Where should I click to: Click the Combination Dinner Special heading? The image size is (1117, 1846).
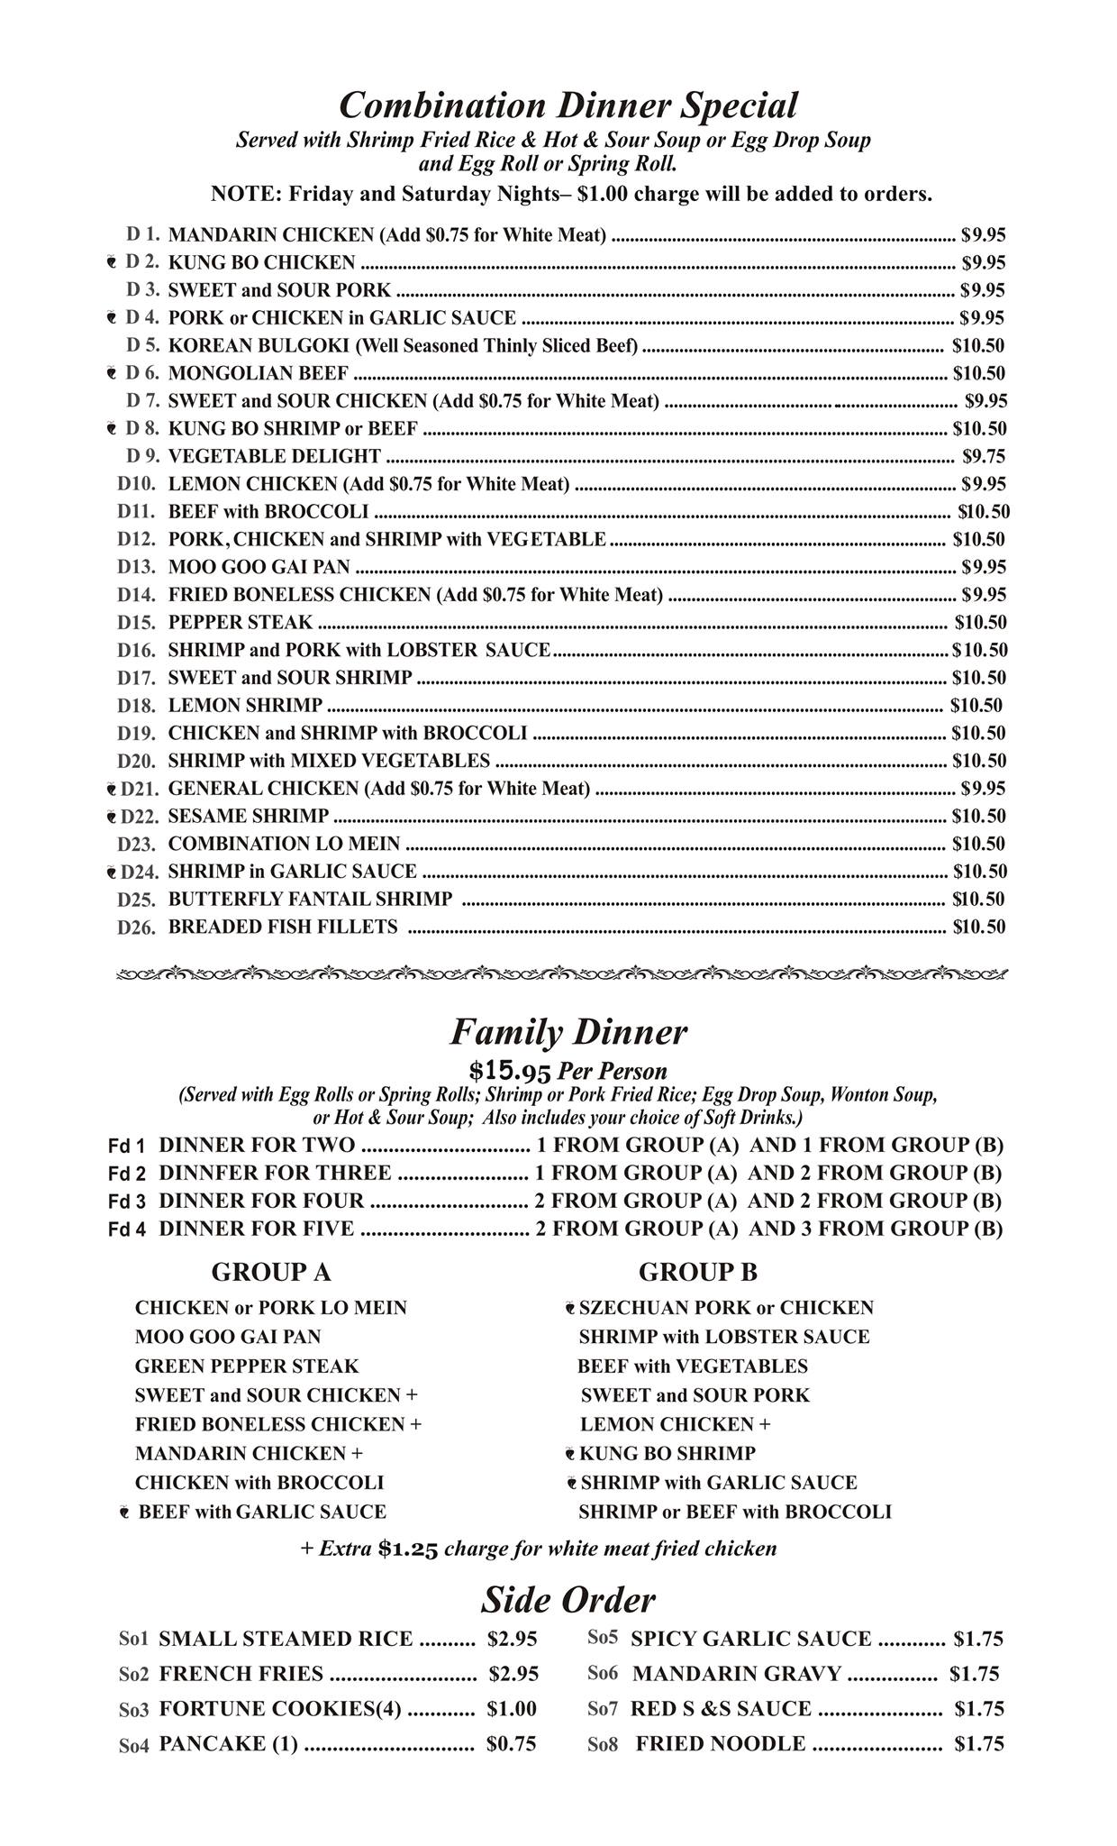click(568, 105)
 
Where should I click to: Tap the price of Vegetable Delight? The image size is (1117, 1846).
click(984, 456)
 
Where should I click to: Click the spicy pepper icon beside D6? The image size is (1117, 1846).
click(111, 373)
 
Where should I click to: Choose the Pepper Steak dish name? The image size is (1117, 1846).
click(241, 622)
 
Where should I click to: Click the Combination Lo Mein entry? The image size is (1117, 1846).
click(284, 844)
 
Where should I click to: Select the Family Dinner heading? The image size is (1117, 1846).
click(568, 1032)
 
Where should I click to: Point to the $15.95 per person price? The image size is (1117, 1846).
click(510, 1071)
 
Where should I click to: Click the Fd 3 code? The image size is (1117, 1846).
click(126, 1202)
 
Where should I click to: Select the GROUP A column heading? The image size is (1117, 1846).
click(270, 1272)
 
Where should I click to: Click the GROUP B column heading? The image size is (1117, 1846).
click(698, 1272)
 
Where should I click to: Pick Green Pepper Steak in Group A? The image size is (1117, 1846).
click(246, 1366)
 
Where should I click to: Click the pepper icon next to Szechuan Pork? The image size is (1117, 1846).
click(570, 1308)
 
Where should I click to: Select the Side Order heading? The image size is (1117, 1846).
click(568, 1600)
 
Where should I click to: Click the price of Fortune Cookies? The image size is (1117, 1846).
click(511, 1708)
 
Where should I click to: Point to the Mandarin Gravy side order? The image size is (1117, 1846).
click(736, 1674)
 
